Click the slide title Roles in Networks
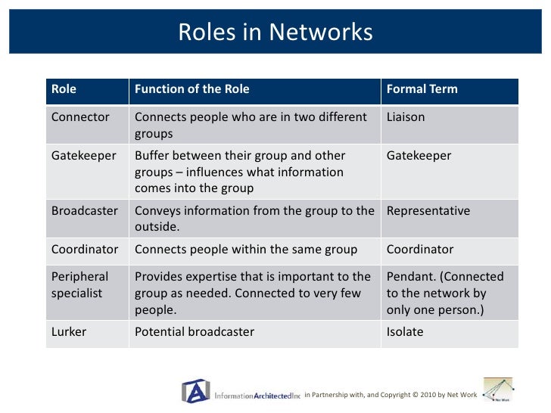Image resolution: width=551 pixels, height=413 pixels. coord(275,33)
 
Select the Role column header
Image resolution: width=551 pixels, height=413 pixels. coord(64,89)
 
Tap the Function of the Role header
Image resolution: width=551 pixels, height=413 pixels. coord(191,89)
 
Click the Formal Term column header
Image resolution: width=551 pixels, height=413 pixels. coord(422,89)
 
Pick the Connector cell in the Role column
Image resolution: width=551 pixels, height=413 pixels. coord(80,117)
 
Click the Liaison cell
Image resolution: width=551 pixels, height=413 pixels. coord(406,117)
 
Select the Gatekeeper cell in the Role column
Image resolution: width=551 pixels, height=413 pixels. coord(83,156)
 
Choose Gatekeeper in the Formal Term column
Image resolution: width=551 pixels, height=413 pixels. coord(419,156)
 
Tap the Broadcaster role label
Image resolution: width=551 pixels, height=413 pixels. coord(85,211)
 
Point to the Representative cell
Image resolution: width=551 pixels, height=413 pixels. coord(428,211)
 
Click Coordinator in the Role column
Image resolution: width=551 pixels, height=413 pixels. coord(85,249)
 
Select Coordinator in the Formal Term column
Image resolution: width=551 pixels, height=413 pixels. coord(420,249)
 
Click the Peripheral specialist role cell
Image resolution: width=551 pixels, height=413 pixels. coord(79,284)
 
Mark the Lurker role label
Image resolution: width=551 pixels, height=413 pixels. coord(68,332)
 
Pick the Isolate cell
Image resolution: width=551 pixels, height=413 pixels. coord(405,332)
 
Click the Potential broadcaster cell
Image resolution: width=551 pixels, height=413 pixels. coord(194,332)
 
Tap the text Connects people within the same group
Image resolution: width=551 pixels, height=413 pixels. coord(246,249)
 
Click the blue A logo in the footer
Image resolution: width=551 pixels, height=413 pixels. coord(195,390)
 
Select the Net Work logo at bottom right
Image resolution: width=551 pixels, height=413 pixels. coord(498,390)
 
